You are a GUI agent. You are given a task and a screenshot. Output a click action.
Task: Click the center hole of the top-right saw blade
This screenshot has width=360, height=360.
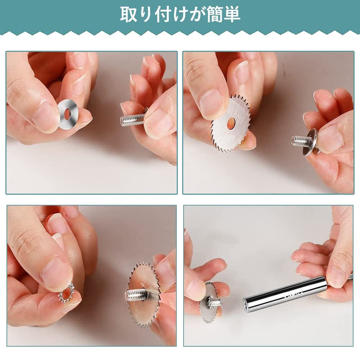[x=231, y=123]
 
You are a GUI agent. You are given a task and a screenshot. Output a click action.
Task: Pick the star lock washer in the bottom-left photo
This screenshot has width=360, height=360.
[x=67, y=293]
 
